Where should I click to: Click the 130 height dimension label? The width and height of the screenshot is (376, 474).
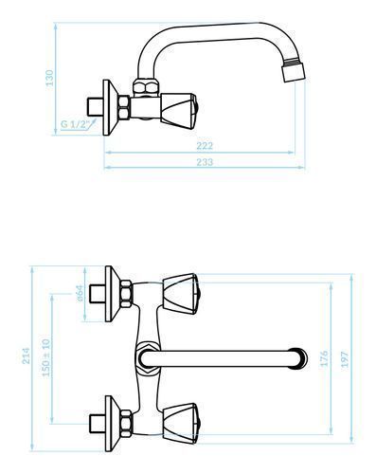(x=49, y=78)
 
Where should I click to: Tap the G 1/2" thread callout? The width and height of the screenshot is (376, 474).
(x=74, y=124)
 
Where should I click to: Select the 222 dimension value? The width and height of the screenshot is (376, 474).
(x=205, y=146)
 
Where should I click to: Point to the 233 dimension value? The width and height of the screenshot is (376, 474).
(x=205, y=162)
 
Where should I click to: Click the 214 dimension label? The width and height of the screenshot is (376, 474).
(x=26, y=355)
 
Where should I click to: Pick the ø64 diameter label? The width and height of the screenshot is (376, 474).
(x=80, y=293)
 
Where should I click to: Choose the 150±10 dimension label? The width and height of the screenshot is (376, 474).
(x=46, y=357)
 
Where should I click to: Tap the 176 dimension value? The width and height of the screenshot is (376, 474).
(x=324, y=358)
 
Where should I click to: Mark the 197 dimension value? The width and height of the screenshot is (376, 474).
(x=345, y=359)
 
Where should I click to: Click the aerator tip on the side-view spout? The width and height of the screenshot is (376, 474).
(x=294, y=72)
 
